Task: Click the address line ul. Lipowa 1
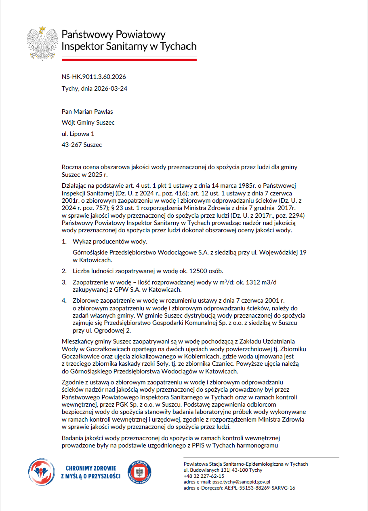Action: coord(78,134)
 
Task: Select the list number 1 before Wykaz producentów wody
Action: coord(63,242)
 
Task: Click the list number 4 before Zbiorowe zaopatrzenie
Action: coord(63,301)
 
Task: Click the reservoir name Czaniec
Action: coord(219,364)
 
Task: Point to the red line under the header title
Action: coord(129,59)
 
